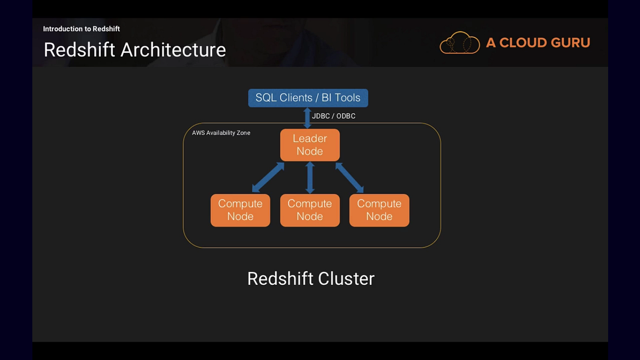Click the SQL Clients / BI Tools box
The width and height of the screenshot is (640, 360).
click(x=308, y=98)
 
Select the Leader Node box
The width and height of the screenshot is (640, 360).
click(x=309, y=145)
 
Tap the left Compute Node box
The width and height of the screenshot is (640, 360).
click(x=240, y=210)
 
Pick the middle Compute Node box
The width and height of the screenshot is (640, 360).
click(x=309, y=210)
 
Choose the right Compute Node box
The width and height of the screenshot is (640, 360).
click(x=379, y=210)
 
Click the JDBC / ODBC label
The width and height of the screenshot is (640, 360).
click(x=333, y=116)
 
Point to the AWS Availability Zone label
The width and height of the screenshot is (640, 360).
click(x=221, y=133)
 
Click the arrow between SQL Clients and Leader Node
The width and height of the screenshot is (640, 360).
click(x=308, y=118)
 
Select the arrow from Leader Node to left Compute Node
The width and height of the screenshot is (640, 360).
click(x=268, y=178)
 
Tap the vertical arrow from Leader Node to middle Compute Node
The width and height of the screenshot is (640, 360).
click(x=310, y=178)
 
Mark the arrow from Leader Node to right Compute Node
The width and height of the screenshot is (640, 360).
click(x=350, y=178)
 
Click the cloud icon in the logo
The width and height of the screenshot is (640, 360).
click(x=459, y=43)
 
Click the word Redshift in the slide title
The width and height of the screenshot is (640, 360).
click(x=80, y=50)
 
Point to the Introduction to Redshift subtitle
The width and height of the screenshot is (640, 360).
click(x=81, y=29)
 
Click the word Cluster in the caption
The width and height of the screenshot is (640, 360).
click(x=346, y=278)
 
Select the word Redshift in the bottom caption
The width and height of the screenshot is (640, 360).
click(x=280, y=278)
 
